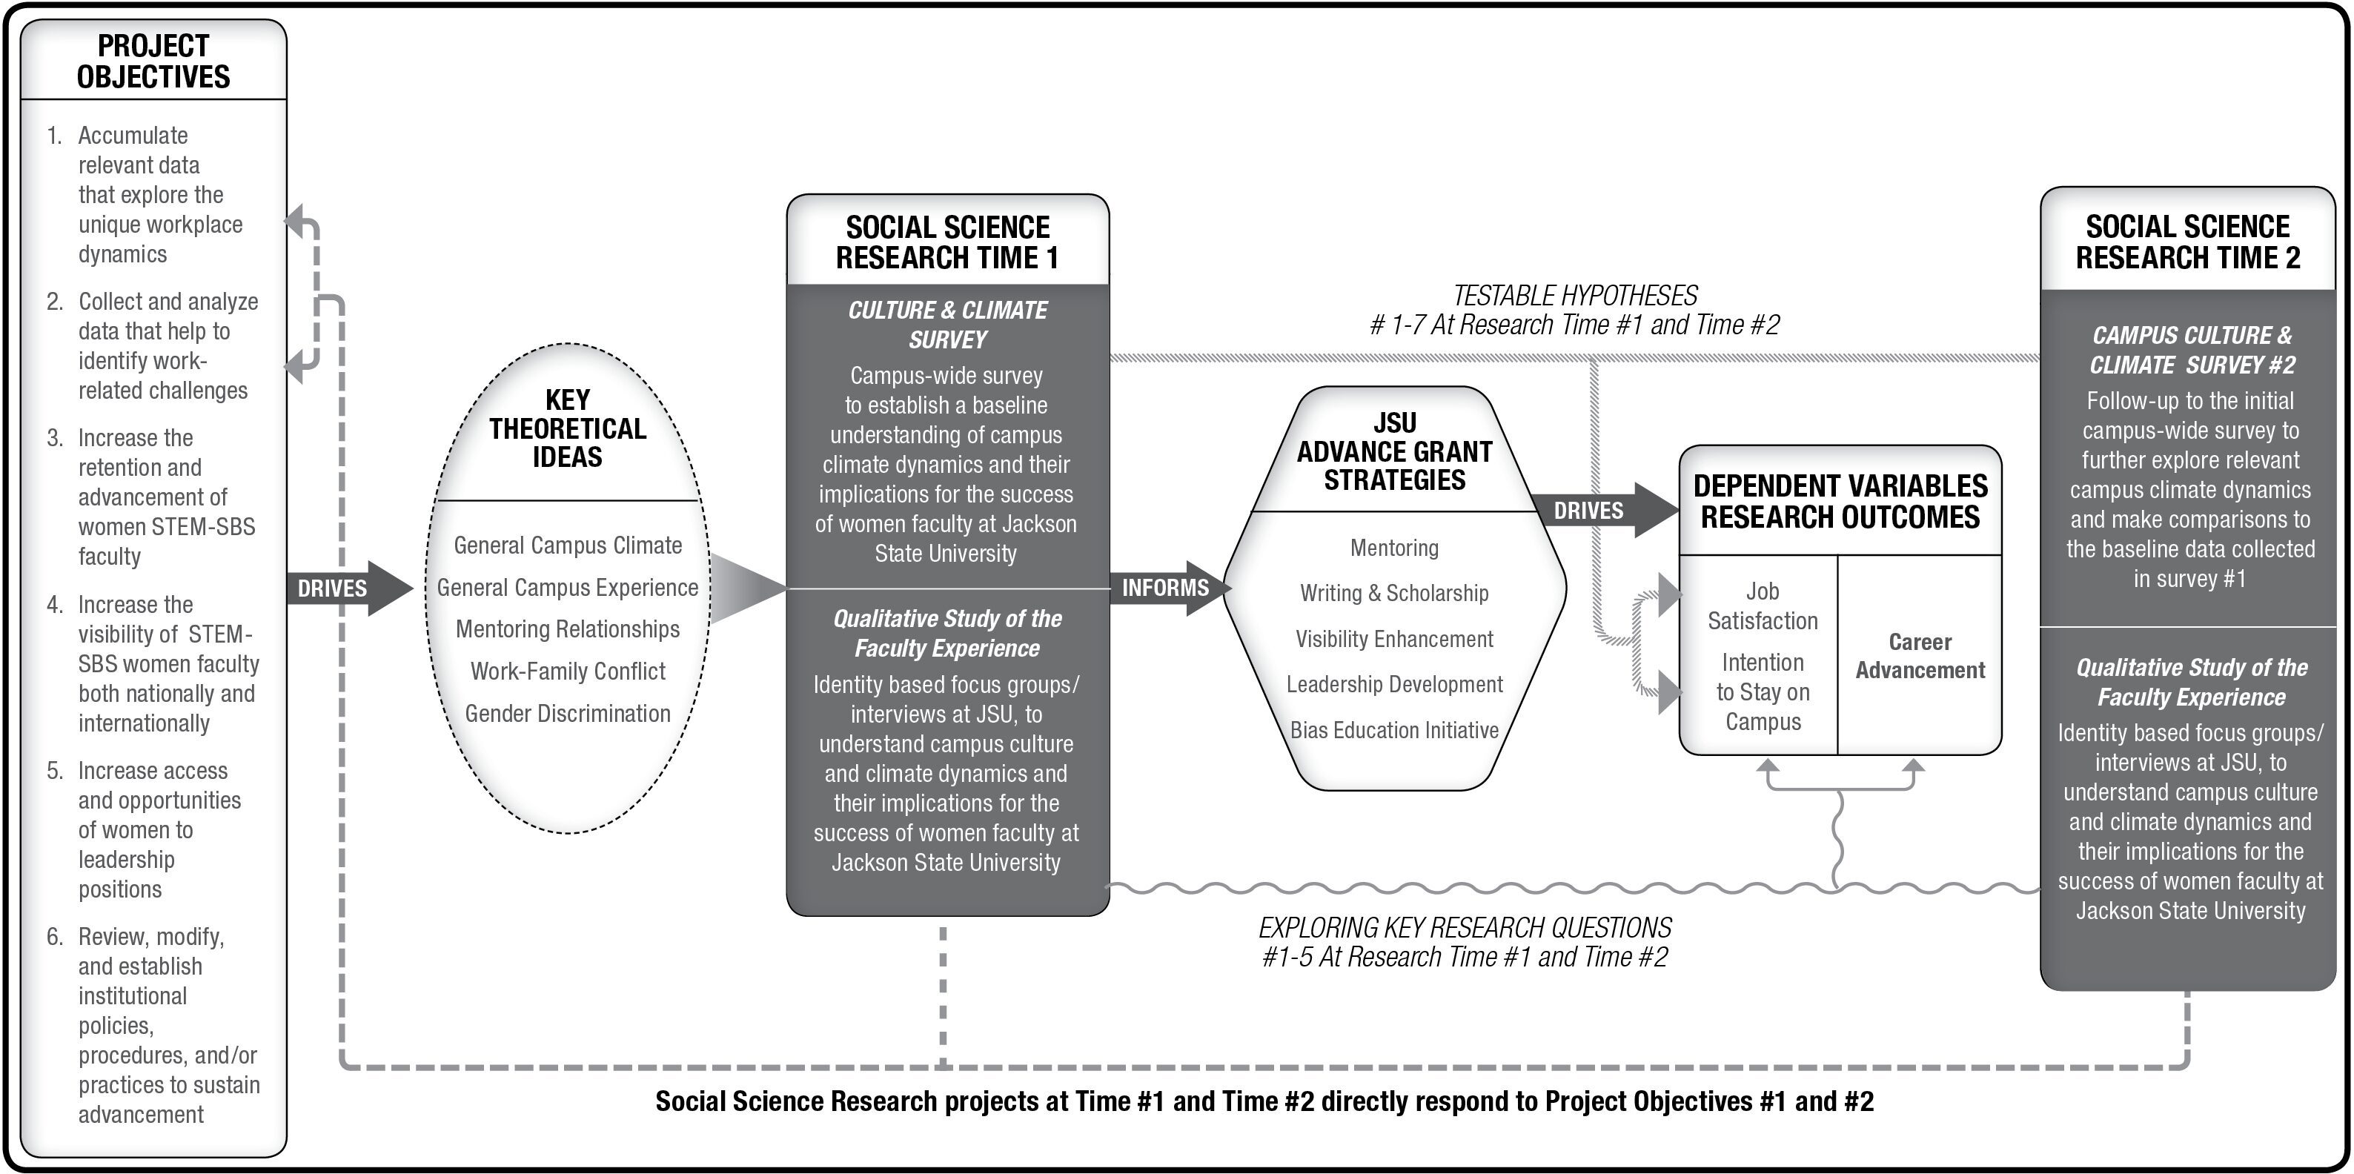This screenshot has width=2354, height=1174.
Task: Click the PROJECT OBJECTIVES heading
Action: point(153,62)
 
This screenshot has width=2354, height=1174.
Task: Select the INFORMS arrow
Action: point(1166,588)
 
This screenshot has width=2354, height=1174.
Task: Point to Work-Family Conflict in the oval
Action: point(568,671)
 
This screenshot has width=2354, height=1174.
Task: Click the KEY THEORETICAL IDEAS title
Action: point(568,428)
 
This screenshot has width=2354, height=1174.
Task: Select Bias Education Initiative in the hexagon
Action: point(1394,730)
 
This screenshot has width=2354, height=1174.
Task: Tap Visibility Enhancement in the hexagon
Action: point(1394,639)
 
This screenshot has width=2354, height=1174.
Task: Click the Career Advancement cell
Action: point(1920,656)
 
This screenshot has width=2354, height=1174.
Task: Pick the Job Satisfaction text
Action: point(1762,606)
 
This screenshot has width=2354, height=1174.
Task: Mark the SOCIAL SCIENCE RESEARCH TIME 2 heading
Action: point(2188,242)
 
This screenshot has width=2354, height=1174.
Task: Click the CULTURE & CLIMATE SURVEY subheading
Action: point(948,325)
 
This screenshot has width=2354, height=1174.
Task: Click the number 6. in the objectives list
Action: point(55,937)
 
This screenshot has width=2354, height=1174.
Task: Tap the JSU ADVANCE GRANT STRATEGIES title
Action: point(1394,451)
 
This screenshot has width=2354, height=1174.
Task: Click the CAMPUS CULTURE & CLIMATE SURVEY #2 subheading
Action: point(2192,350)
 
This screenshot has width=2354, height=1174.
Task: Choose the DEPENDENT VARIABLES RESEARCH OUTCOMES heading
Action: point(1840,502)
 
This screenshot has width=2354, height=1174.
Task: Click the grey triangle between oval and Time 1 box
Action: point(745,588)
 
